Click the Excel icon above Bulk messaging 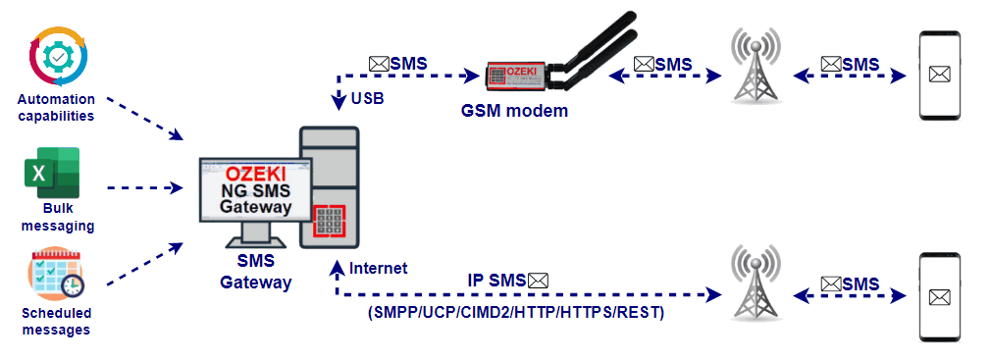(52, 174)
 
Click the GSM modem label (514, 111)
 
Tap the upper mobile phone (940, 72)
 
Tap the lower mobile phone (940, 296)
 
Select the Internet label (378, 268)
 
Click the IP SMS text (495, 280)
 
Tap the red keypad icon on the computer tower (331, 220)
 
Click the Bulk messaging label (56, 217)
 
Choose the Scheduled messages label (56, 321)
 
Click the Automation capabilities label (56, 107)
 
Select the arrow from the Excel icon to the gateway (145, 185)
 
